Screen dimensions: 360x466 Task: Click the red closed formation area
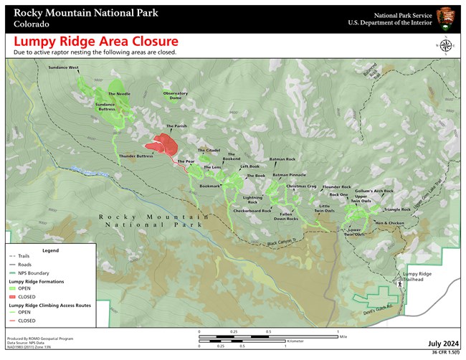(x=166, y=145)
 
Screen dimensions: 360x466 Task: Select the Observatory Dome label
(x=175, y=95)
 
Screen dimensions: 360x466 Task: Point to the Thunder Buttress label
(x=136, y=156)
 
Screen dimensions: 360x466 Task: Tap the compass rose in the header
(x=444, y=47)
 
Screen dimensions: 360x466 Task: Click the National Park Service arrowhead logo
(x=445, y=17)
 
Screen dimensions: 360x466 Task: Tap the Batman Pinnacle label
(x=289, y=175)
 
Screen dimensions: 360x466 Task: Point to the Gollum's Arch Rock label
(x=374, y=191)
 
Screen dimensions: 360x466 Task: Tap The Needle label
(x=119, y=94)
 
